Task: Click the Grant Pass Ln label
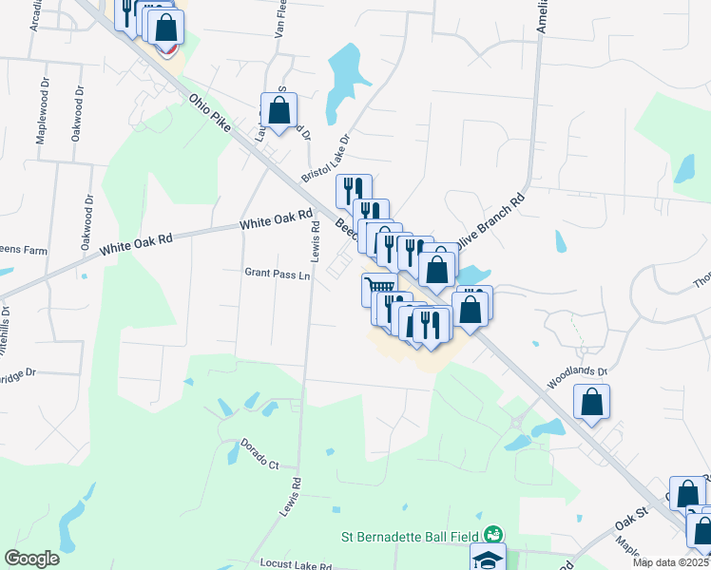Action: [278, 275]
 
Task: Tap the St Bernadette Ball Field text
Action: [411, 536]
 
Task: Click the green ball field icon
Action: [492, 536]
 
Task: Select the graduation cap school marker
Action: [488, 559]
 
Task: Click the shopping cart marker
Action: [379, 287]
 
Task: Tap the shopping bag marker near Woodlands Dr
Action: [592, 401]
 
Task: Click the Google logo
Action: [31, 559]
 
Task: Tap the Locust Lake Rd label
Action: [298, 566]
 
